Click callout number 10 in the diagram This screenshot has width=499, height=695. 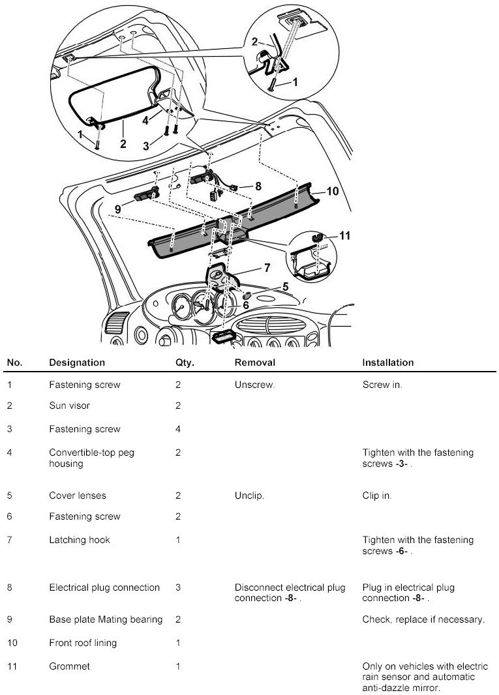[333, 191]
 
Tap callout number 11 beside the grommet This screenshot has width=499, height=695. [344, 235]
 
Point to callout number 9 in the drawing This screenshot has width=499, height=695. [118, 209]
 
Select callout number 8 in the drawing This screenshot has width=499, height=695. [258, 186]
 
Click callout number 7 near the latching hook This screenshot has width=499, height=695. [266, 267]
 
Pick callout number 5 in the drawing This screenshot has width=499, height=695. [285, 286]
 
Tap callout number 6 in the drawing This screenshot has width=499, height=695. [246, 304]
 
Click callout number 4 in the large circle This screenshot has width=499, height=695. [147, 120]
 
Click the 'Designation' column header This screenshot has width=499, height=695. [76, 362]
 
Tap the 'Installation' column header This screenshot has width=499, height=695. [387, 362]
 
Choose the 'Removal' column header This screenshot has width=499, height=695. [254, 362]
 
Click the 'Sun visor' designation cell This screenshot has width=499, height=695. [69, 406]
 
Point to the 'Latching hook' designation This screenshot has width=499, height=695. [79, 540]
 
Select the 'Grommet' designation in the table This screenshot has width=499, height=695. [69, 666]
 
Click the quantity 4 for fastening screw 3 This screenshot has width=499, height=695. [178, 429]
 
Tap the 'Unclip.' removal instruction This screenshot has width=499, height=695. [249, 495]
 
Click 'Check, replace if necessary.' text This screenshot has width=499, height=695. [423, 619]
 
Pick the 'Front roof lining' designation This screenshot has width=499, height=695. [83, 643]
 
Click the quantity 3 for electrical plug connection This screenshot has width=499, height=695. [178, 587]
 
